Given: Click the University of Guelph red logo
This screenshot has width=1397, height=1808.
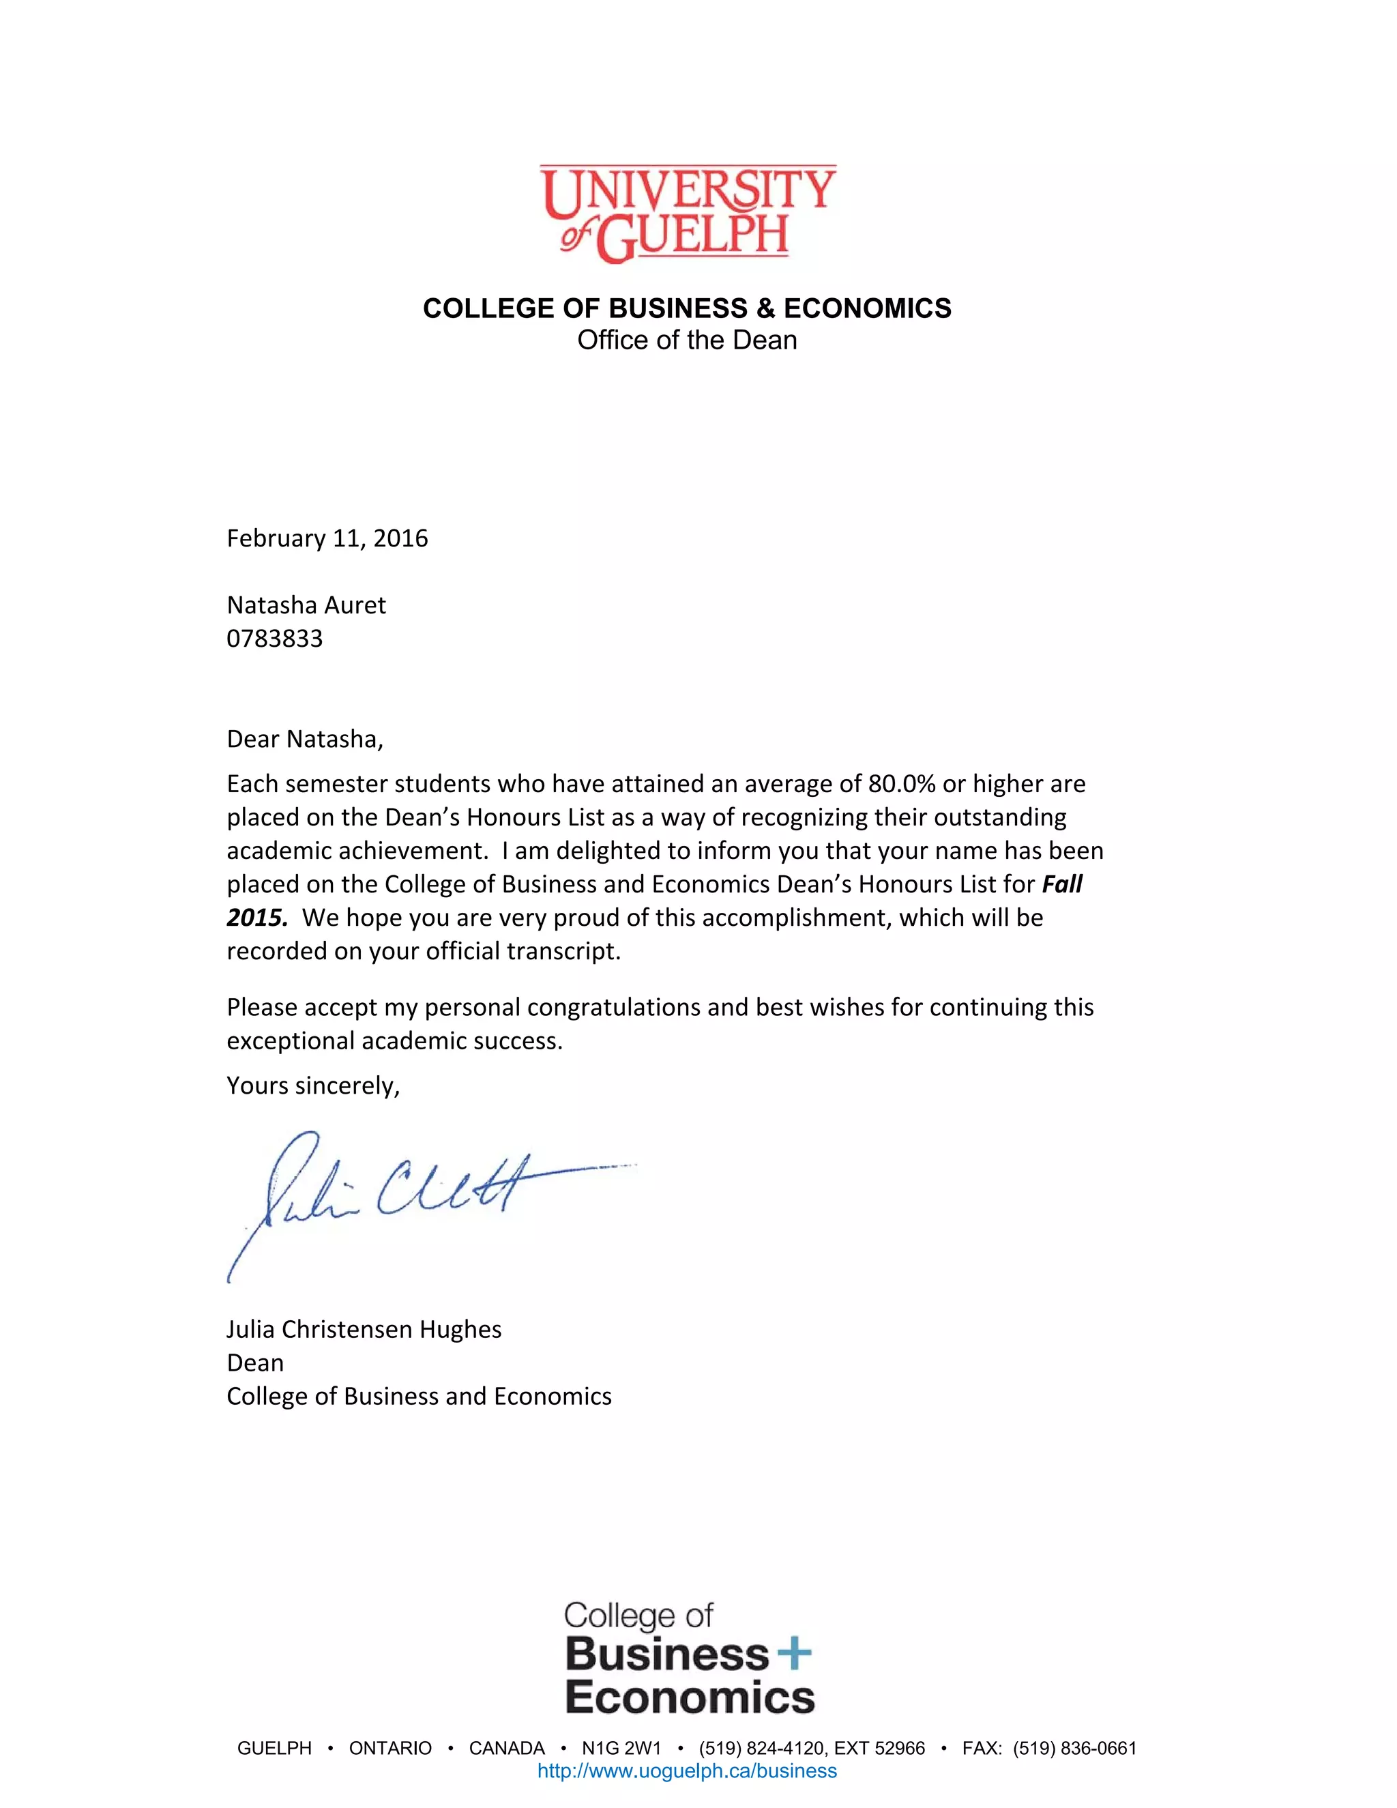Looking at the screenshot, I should (x=687, y=214).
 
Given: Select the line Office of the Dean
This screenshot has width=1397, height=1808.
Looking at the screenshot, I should (x=687, y=340).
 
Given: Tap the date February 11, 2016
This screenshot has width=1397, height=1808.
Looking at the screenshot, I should (x=327, y=539).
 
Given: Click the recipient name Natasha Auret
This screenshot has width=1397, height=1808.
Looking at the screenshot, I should (x=306, y=605).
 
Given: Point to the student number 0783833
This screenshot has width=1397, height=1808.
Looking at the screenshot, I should (x=275, y=639).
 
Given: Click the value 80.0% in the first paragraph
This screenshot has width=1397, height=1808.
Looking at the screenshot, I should (x=901, y=784).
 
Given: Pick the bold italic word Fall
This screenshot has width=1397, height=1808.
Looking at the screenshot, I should (x=1062, y=884).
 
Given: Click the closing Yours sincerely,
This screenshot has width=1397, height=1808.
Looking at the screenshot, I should (x=313, y=1085).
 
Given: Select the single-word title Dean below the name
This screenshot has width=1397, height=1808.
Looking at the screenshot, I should (x=255, y=1362).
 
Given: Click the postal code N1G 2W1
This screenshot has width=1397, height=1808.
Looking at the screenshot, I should (x=621, y=1749).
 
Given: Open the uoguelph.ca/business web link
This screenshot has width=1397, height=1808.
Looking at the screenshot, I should (x=687, y=1770).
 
